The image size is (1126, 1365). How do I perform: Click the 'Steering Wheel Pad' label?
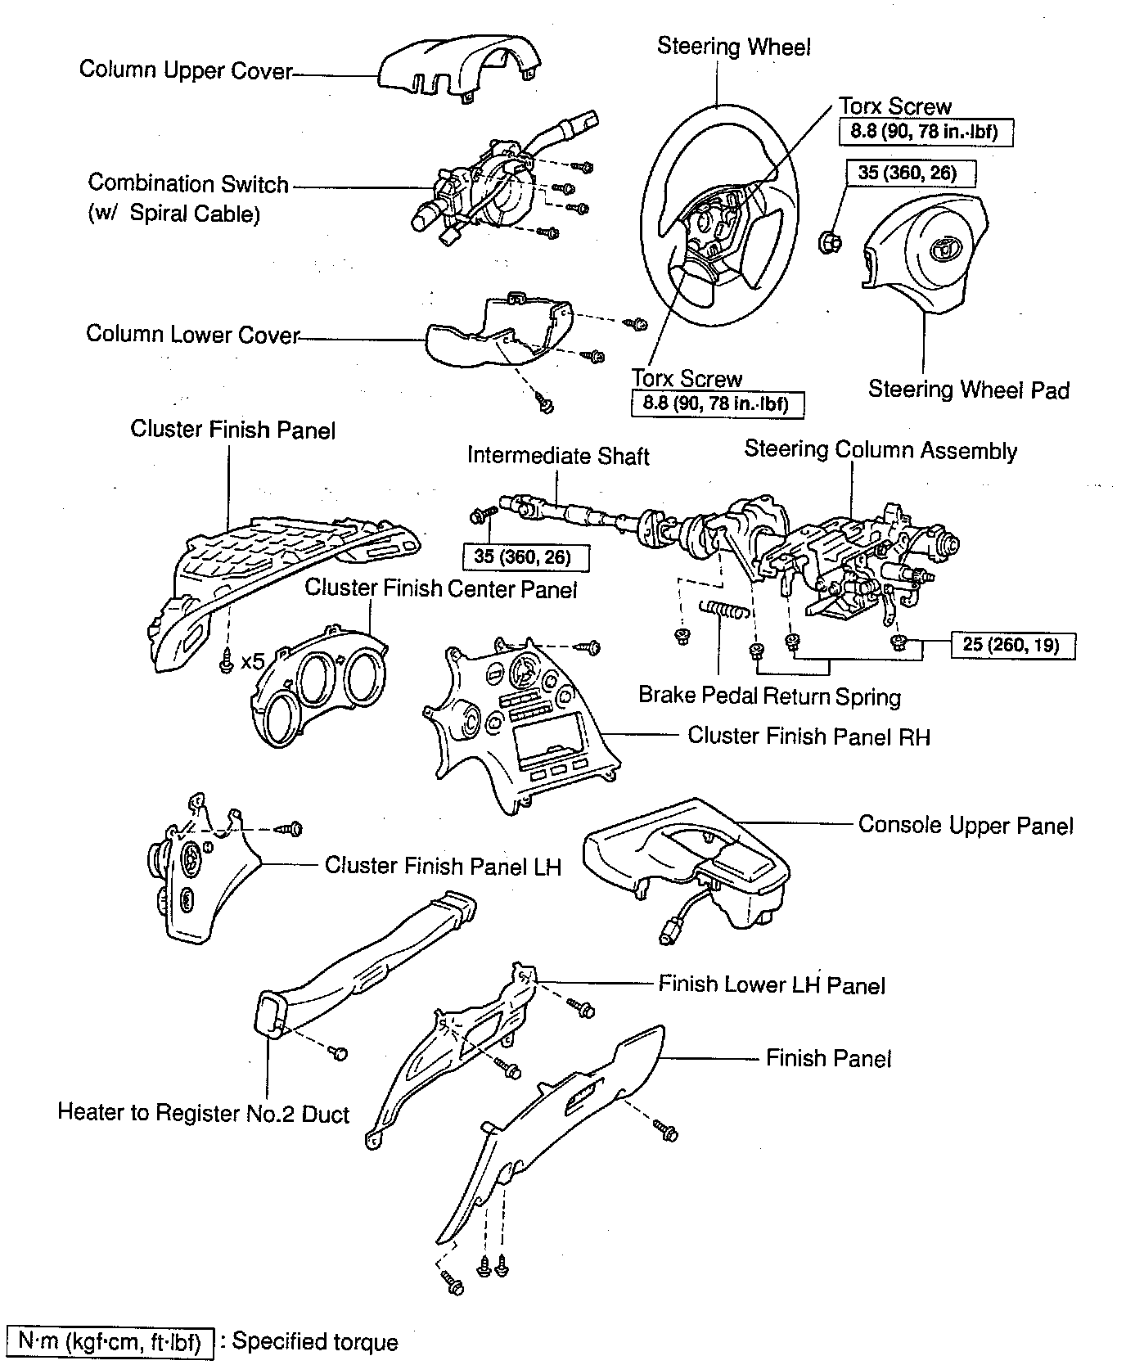[968, 390]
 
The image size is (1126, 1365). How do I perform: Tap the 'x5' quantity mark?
[253, 661]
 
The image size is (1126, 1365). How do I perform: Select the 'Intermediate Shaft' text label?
[558, 456]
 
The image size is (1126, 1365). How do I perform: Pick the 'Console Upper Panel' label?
[966, 825]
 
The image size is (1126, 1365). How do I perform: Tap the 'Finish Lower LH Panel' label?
[772, 984]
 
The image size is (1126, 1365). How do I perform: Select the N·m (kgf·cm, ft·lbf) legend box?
[110, 1341]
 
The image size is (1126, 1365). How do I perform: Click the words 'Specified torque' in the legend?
[315, 1342]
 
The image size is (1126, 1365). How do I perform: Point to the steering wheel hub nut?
[830, 241]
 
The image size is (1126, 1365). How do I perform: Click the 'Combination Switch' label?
[188, 184]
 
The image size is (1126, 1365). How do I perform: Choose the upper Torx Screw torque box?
[926, 133]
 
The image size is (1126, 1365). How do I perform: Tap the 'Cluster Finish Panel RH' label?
[808, 736]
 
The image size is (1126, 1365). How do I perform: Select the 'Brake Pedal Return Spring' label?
[769, 696]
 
